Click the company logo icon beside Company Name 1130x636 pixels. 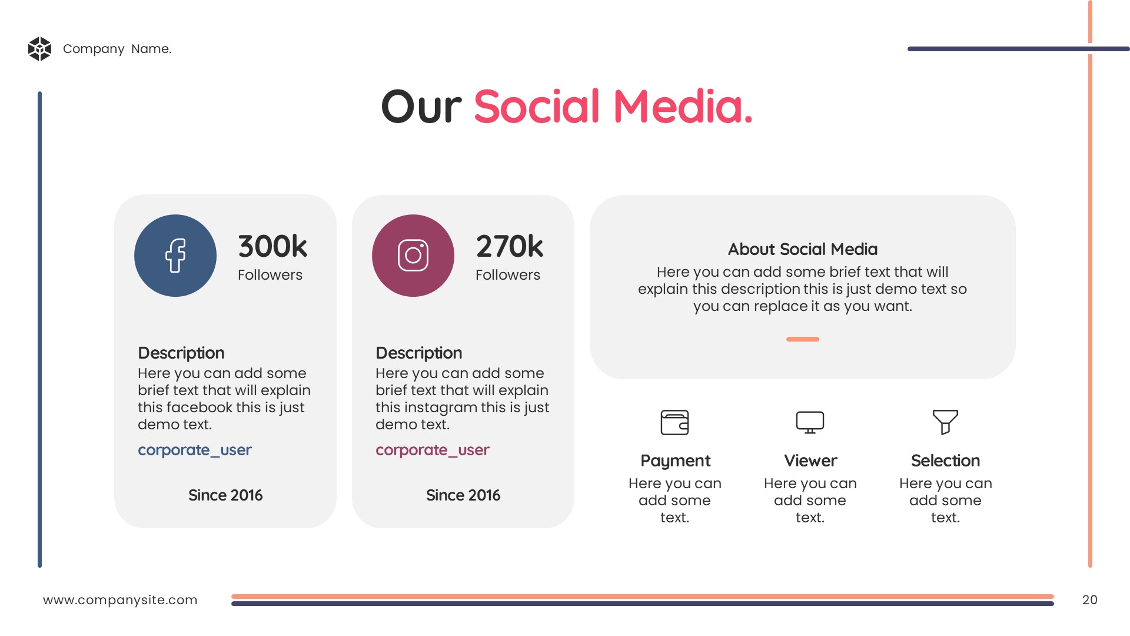coord(39,49)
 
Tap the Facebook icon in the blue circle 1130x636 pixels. coord(175,256)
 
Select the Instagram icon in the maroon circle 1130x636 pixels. coord(413,256)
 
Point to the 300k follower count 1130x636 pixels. coord(272,246)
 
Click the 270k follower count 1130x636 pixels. coord(510,246)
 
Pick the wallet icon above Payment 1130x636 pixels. coord(674,422)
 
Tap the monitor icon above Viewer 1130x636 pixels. coord(810,422)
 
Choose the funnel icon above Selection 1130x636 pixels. coord(945,422)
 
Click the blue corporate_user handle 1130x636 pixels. coord(195,450)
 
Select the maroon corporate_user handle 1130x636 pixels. coord(433,450)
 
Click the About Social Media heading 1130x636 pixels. coord(803,249)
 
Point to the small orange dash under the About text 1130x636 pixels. coord(803,339)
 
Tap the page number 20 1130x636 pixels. coord(1090,599)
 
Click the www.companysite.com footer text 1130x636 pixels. coord(120,600)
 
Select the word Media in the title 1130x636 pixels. coord(683,107)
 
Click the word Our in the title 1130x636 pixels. coord(421,107)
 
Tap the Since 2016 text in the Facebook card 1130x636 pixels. coord(225,495)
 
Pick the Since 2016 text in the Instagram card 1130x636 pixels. coord(463,495)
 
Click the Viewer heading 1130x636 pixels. coord(810,461)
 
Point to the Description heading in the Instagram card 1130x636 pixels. coord(419,353)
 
